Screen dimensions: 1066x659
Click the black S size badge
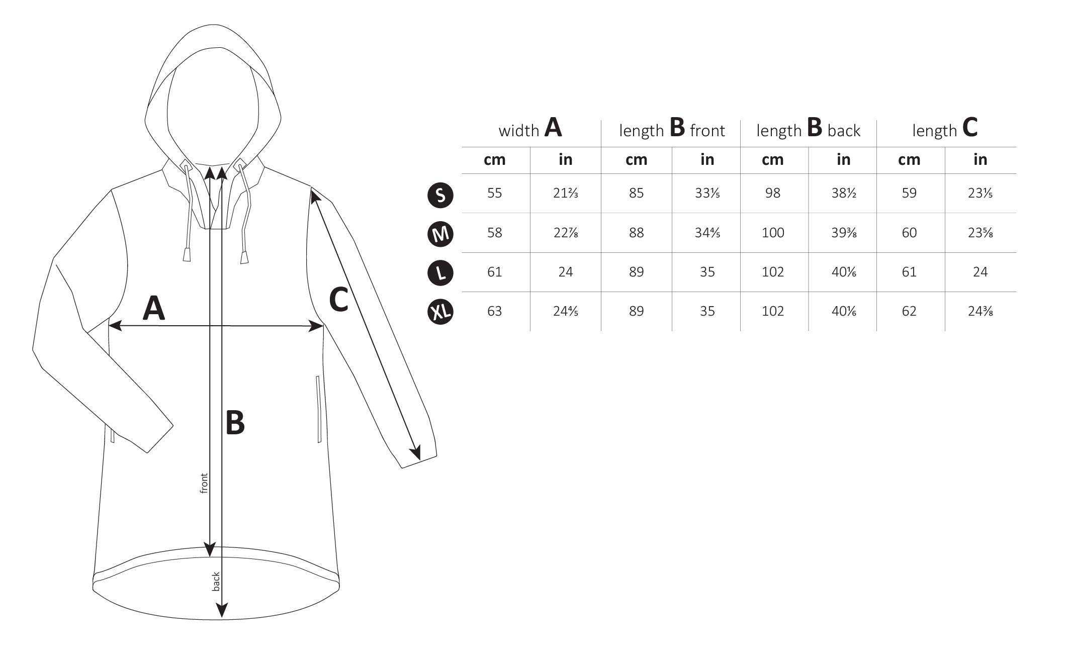click(440, 195)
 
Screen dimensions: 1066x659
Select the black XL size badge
click(440, 312)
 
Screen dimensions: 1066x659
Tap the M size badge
click(440, 234)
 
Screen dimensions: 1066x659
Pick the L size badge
click(440, 273)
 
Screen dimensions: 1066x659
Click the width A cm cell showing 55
click(495, 193)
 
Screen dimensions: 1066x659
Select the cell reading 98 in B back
click(773, 193)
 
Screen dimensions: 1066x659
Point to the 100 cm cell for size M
click(773, 233)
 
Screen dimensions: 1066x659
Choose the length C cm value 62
click(909, 311)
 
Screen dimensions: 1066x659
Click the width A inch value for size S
click(566, 193)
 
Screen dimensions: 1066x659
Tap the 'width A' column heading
click(530, 128)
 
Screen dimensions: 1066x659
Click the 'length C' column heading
click(945, 128)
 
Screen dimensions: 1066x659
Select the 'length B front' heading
click(672, 128)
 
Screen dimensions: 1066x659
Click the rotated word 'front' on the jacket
click(204, 483)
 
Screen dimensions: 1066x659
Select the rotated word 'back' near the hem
click(216, 582)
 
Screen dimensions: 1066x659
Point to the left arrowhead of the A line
click(115, 326)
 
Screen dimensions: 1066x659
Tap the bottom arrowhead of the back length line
click(221, 610)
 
